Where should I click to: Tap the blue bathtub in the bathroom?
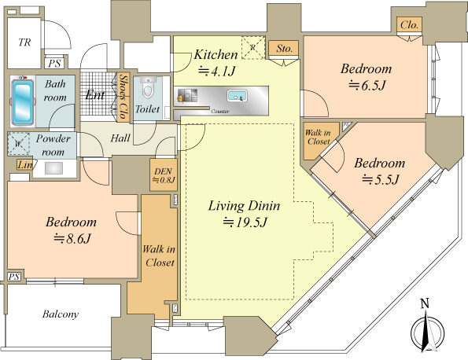pyautogui.click(x=24, y=101)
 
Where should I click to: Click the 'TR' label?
pyautogui.click(x=24, y=42)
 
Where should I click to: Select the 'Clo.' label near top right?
pyautogui.click(x=409, y=24)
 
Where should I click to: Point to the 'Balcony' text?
pyautogui.click(x=60, y=314)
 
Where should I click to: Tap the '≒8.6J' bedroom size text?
pyautogui.click(x=70, y=237)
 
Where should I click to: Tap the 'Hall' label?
pyautogui.click(x=120, y=137)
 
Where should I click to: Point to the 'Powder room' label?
pyautogui.click(x=53, y=145)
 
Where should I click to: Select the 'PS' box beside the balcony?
pyautogui.click(x=13, y=276)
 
